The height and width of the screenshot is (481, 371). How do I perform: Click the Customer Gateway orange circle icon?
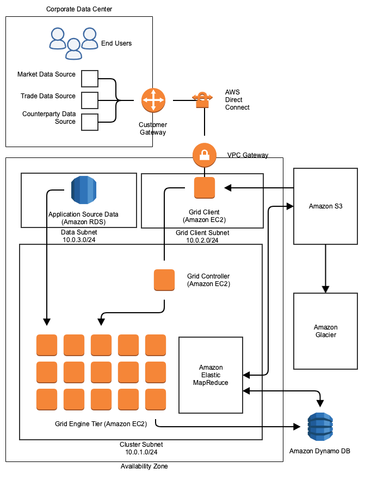coord(153,100)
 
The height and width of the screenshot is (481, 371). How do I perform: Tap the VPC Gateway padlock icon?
coord(204,155)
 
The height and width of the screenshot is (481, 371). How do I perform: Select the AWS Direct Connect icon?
coord(202,99)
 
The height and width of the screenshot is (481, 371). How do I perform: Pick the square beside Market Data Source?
coord(89,79)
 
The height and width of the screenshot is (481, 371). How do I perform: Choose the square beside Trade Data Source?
coord(89,100)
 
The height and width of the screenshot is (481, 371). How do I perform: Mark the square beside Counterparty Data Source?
coord(89,122)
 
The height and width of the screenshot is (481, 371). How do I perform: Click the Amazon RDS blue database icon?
coord(83,189)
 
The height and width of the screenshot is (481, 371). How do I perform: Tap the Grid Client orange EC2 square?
coord(205,188)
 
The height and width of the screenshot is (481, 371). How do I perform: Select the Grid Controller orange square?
coord(164,280)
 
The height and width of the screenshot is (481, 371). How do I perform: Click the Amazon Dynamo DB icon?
coord(320,427)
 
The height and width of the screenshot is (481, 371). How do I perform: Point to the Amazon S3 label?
coord(325,206)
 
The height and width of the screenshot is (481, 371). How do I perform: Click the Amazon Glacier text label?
coord(325,331)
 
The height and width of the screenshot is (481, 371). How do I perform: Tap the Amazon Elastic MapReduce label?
coord(211,375)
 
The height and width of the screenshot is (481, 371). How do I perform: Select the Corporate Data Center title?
coord(79,9)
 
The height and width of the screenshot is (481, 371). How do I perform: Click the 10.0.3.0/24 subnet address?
coord(78,239)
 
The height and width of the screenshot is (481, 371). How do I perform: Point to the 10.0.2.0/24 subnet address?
coord(202,240)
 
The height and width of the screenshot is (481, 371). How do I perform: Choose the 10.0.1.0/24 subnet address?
coord(141,452)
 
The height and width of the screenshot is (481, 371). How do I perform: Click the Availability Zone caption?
coord(144,466)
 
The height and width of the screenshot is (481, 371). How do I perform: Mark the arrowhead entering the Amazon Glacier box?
coord(325,289)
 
